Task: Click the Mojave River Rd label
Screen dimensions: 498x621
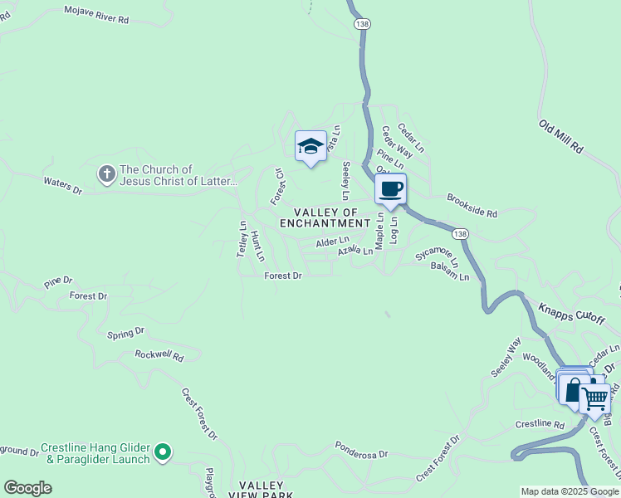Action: point(97,13)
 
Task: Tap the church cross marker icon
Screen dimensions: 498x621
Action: point(106,174)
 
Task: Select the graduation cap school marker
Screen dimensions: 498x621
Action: point(310,147)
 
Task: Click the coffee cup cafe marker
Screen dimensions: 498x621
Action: point(390,188)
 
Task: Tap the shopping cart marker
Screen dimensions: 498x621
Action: point(594,398)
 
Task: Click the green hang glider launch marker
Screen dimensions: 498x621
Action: point(164,452)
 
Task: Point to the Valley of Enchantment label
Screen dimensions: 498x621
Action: point(325,217)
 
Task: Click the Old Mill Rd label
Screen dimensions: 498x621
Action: point(560,136)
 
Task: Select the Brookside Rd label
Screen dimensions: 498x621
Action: point(472,206)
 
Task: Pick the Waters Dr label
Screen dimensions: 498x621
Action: point(63,185)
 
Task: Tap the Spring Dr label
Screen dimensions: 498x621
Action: point(125,333)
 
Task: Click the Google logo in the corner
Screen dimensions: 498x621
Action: point(27,488)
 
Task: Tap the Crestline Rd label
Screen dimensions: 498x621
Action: point(540,423)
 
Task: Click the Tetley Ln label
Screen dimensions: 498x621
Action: point(242,238)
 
